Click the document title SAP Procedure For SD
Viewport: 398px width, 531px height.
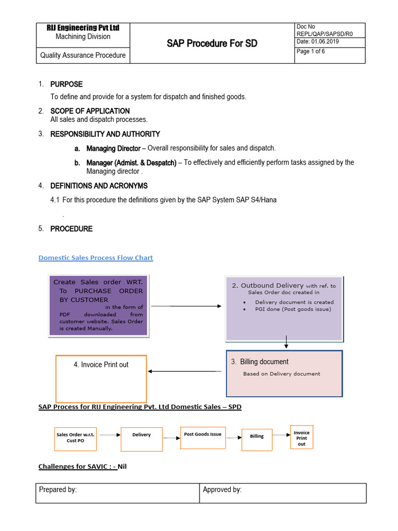(211, 44)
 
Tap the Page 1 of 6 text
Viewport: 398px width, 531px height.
(310, 51)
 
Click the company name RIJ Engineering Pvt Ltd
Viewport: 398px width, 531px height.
(83, 27)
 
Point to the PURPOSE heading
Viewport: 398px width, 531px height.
(66, 84)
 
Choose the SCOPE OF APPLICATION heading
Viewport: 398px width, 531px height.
(90, 111)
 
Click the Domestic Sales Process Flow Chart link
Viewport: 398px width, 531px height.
(96, 258)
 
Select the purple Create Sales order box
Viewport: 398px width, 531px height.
(98, 305)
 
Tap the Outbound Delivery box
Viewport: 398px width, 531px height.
(283, 309)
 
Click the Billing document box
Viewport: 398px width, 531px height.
(284, 373)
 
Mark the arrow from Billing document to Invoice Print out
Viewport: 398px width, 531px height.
(184, 371)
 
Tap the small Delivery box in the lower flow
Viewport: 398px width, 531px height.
(141, 439)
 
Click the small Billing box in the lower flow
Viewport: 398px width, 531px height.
(257, 439)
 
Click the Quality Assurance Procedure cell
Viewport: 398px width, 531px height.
(83, 55)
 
